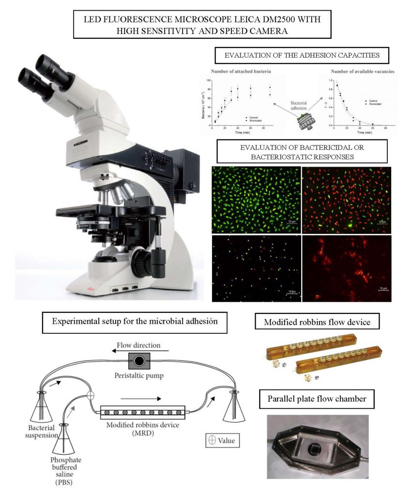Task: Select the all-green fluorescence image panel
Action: (x=256, y=200)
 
